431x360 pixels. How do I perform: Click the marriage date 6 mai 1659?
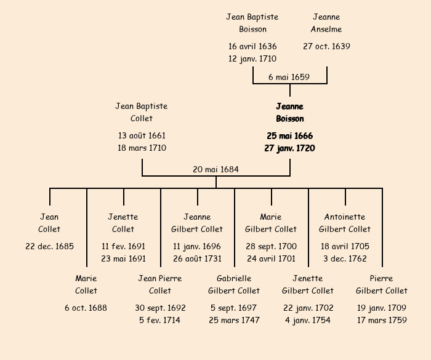[x=289, y=78]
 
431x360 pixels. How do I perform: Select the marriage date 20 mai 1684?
[x=216, y=170]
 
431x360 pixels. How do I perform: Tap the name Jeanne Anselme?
[x=326, y=23]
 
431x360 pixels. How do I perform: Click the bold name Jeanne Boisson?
[x=290, y=113]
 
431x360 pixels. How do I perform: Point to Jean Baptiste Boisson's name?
[x=252, y=23]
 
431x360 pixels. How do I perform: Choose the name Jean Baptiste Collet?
[x=142, y=113]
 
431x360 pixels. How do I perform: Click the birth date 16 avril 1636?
[x=252, y=47]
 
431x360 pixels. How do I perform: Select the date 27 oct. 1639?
[x=326, y=47]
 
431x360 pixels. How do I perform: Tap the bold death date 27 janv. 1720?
[x=289, y=148]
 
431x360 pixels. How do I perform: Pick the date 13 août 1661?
[x=142, y=136]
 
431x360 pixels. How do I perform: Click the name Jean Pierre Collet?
[x=160, y=285]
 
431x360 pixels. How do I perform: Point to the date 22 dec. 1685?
[x=49, y=247]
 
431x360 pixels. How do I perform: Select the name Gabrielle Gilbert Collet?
[x=234, y=285]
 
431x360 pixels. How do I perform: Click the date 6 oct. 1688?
[x=86, y=308]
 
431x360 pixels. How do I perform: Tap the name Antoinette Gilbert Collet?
[x=345, y=223]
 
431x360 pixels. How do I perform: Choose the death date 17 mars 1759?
[x=382, y=321]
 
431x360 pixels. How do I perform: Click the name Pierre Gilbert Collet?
[x=382, y=285]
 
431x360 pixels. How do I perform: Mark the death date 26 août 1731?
[x=197, y=259]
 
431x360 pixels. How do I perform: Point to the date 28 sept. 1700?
[x=271, y=247]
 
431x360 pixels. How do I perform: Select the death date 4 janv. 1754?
[x=308, y=321]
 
